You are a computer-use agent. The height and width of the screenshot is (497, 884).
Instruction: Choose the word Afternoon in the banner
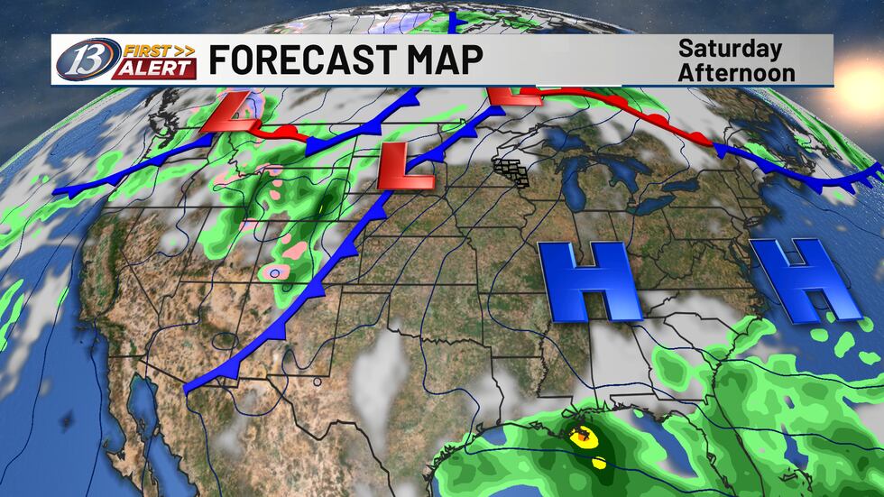736,71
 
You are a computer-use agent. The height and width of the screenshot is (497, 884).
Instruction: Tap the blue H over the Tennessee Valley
591,281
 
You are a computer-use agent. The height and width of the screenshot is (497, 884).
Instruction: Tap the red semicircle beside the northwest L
282,133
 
